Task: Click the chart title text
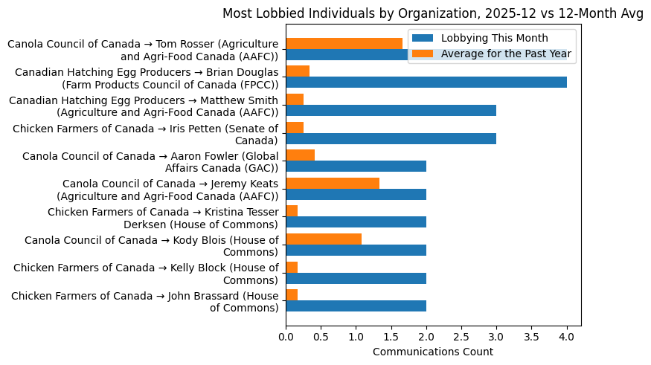(433, 14)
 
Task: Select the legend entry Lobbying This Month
(494, 39)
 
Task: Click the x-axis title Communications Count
(433, 351)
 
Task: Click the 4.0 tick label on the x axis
(567, 336)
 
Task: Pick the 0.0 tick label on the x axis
(286, 336)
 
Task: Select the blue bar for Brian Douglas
(426, 83)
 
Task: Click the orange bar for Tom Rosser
(344, 43)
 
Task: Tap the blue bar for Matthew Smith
(391, 111)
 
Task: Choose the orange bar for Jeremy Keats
(333, 183)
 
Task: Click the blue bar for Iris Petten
(391, 138)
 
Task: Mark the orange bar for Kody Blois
(324, 239)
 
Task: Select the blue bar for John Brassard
(356, 306)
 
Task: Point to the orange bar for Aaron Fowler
(301, 155)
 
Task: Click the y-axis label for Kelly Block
(146, 274)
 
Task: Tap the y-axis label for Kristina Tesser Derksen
(163, 218)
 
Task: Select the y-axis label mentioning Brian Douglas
(147, 78)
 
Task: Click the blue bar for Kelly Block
(356, 278)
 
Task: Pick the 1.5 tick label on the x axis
(391, 336)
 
